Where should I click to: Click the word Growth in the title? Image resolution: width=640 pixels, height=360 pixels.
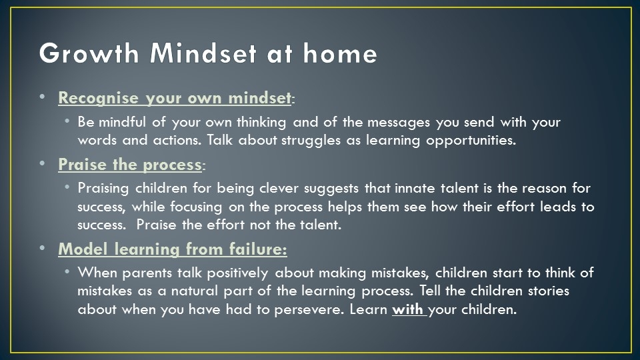[x=89, y=53]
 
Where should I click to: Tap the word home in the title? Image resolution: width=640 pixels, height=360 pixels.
[x=340, y=53]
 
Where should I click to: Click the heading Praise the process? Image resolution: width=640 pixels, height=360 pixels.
[x=130, y=165]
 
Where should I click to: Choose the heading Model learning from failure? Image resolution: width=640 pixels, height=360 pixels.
[x=172, y=249]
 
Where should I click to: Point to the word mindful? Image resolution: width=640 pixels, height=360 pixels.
[x=122, y=121]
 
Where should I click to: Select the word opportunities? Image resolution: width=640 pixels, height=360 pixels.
[x=471, y=141]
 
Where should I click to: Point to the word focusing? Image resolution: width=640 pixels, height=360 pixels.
[x=196, y=207]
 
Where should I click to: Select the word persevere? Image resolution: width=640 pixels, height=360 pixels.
[x=308, y=310]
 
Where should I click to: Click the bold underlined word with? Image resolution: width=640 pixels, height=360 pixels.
[x=407, y=309]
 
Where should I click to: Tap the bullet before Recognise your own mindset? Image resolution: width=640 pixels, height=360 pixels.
[x=43, y=97]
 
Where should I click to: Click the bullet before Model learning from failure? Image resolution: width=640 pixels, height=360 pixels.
[x=43, y=248]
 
